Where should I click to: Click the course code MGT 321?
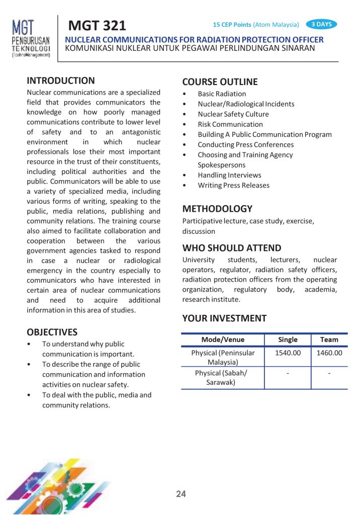point(97,25)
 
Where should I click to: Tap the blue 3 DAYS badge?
point(321,24)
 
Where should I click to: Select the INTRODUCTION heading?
point(60,80)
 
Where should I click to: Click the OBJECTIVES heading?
point(52,332)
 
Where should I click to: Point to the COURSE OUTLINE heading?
point(220,82)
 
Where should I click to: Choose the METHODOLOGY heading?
point(217,209)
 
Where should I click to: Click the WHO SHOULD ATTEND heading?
point(232,248)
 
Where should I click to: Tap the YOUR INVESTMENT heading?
point(224,318)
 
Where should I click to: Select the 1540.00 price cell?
point(288,353)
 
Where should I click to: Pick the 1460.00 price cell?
point(329,353)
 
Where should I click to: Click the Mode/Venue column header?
point(223,339)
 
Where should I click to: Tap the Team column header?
point(329,339)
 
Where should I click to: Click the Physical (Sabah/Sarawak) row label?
point(223,378)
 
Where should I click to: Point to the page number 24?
point(181,494)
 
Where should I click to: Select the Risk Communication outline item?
point(230,124)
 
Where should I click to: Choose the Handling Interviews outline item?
point(229,175)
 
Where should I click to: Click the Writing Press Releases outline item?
point(233,185)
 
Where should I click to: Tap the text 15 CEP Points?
point(232,25)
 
